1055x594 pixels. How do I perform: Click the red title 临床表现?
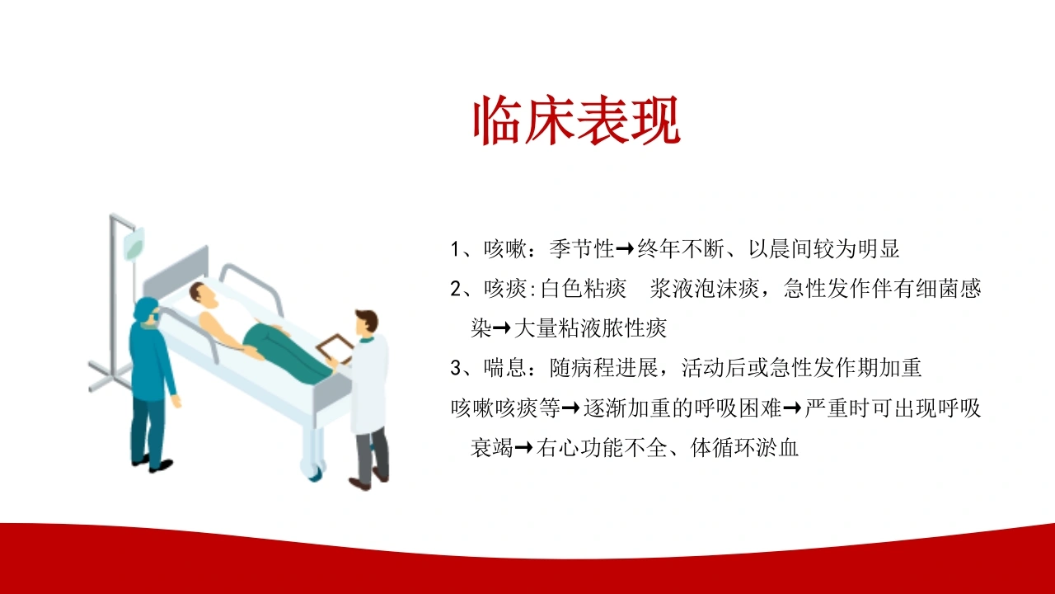click(x=576, y=120)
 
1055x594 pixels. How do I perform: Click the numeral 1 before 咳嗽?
click(x=455, y=249)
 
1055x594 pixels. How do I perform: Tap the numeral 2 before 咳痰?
click(x=456, y=289)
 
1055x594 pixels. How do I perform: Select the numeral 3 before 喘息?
click(x=456, y=368)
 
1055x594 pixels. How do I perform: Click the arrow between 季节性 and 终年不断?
click(x=626, y=248)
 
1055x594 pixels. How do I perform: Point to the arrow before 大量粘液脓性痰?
click(x=502, y=328)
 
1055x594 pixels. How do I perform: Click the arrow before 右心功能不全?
click(x=523, y=447)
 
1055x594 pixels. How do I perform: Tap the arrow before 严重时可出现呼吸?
click(x=792, y=408)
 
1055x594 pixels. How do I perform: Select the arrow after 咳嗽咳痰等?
click(x=571, y=408)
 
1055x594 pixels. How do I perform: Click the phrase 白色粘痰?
click(x=583, y=289)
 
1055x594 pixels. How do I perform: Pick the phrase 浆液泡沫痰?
click(x=704, y=289)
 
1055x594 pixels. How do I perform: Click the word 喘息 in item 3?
click(x=505, y=368)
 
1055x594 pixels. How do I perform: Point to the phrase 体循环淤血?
click(x=744, y=447)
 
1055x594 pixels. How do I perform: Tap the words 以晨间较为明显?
click(x=824, y=248)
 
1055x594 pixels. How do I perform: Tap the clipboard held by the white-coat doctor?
click(x=335, y=348)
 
